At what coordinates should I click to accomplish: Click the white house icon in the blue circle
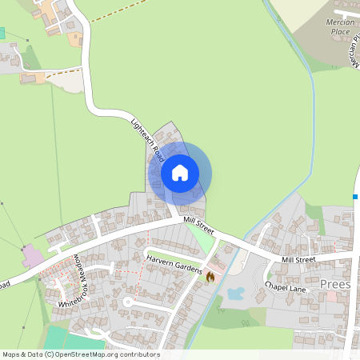[180, 172]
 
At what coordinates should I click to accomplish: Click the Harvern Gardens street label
[174, 265]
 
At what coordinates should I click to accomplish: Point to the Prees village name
[334, 285]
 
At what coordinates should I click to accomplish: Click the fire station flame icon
[210, 276]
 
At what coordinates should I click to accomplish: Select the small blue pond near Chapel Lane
[235, 294]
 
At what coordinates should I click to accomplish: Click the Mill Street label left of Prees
[298, 259]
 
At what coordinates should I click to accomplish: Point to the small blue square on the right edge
[355, 196]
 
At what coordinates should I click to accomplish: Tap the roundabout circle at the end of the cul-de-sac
[127, 302]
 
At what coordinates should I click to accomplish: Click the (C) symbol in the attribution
[49, 354]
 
